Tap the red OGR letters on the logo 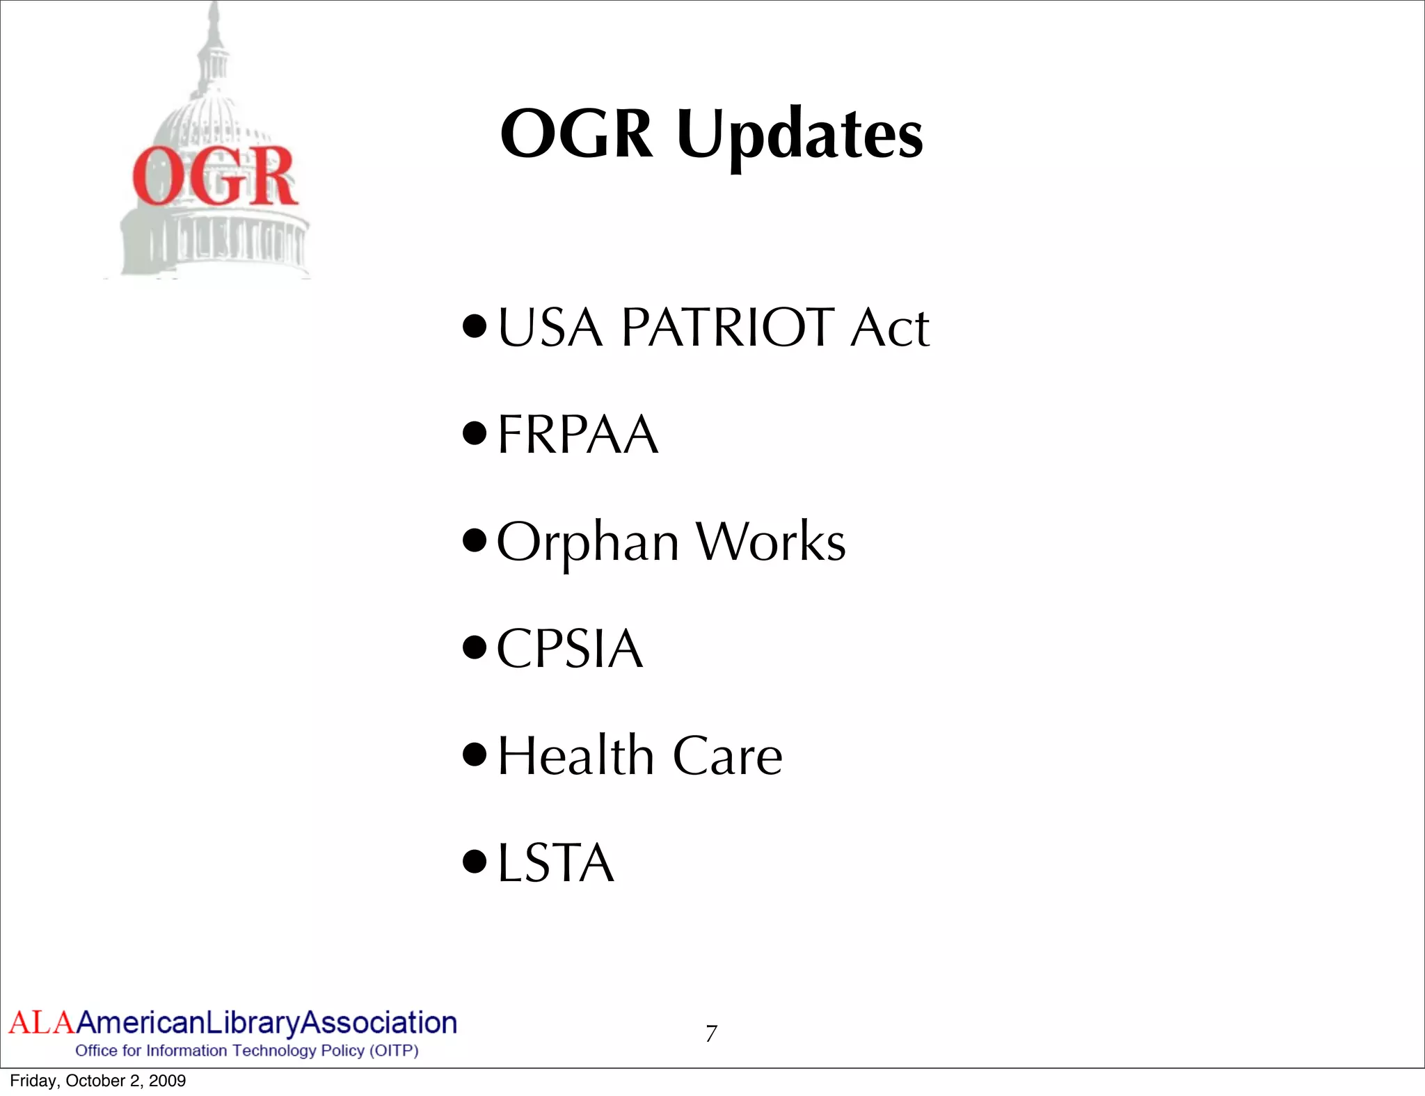pyautogui.click(x=215, y=177)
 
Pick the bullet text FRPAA pyautogui.click(x=578, y=435)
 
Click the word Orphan pyautogui.click(x=588, y=542)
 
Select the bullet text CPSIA pyautogui.click(x=570, y=649)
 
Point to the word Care pyautogui.click(x=727, y=757)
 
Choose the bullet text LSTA pyautogui.click(x=556, y=863)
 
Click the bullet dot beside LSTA pyautogui.click(x=475, y=862)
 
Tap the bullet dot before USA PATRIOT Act pyautogui.click(x=475, y=325)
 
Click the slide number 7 pyautogui.click(x=711, y=1034)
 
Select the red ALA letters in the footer pyautogui.click(x=41, y=1023)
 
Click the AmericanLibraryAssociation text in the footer pyautogui.click(x=266, y=1023)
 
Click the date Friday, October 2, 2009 pyautogui.click(x=98, y=1081)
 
